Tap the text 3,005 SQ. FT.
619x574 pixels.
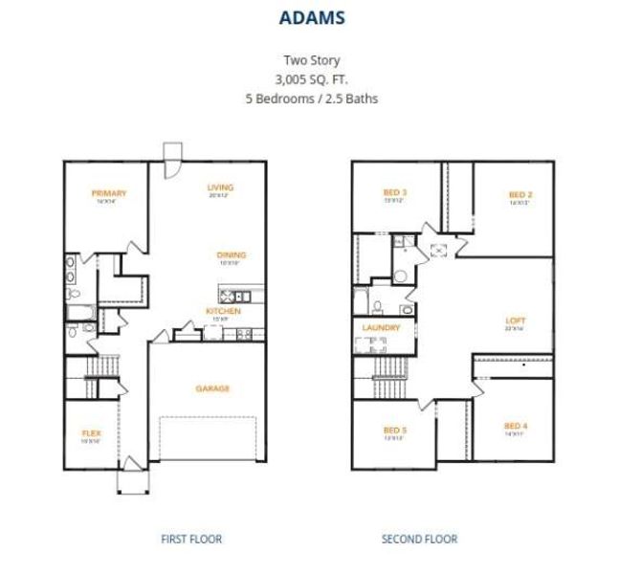(x=311, y=79)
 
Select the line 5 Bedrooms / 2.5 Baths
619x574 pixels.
(x=311, y=98)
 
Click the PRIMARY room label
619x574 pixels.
(x=109, y=193)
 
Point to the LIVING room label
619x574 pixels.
(x=220, y=188)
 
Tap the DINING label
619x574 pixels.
(x=231, y=255)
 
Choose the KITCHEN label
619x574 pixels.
(x=223, y=311)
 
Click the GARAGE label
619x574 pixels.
(x=212, y=388)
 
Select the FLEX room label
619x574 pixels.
(x=91, y=433)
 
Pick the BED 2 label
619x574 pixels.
(x=520, y=195)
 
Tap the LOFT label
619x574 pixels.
(x=516, y=321)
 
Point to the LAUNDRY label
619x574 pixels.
(x=381, y=328)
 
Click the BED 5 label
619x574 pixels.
(x=395, y=430)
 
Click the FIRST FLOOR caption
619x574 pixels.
(x=191, y=540)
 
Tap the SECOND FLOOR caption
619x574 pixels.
(x=419, y=540)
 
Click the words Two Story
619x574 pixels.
(x=311, y=61)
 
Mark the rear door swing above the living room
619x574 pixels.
(x=172, y=159)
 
